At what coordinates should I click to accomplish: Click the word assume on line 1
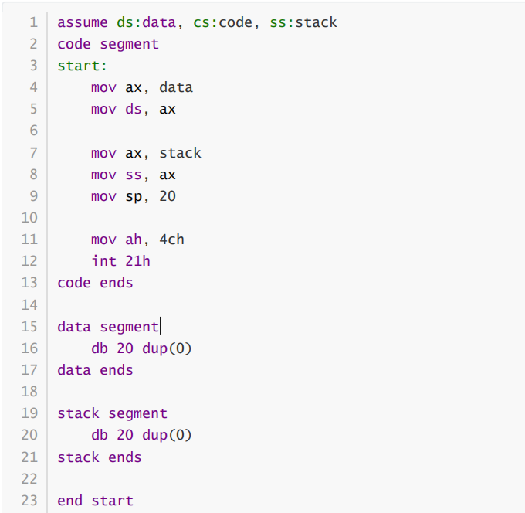(83, 22)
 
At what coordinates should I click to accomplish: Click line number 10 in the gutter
(29, 218)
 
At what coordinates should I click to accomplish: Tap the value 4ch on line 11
(171, 240)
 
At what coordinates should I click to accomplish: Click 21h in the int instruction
(137, 261)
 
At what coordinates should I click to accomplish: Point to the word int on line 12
(103, 261)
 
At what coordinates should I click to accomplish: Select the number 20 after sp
(168, 196)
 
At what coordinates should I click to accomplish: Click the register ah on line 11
(134, 240)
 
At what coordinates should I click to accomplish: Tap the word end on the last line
(69, 501)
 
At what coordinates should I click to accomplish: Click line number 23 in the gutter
(29, 501)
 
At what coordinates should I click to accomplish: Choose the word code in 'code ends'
(74, 283)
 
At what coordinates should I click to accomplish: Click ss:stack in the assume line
(303, 22)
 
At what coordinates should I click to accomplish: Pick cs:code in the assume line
(222, 22)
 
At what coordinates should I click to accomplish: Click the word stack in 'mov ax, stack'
(180, 153)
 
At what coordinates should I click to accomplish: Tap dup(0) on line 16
(168, 348)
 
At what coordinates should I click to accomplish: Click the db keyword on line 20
(100, 435)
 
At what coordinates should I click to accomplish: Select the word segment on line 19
(137, 413)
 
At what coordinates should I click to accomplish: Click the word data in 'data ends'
(74, 370)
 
